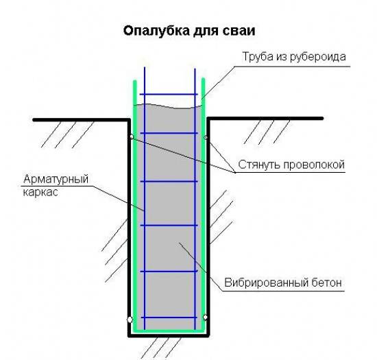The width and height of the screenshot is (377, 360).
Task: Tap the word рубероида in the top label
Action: (318, 57)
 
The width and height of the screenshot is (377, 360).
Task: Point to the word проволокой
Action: (314, 165)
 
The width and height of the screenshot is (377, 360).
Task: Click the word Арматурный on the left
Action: (56, 180)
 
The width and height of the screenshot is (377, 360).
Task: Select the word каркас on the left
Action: (40, 193)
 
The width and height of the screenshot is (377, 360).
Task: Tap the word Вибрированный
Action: (266, 283)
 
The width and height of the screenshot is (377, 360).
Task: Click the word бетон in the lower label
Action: (326, 283)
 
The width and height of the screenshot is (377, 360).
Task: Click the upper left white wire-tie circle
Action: (132, 137)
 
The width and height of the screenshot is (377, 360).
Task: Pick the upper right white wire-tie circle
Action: (206, 138)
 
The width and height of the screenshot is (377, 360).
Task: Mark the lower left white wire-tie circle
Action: (130, 320)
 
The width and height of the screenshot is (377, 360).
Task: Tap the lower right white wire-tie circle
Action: (205, 317)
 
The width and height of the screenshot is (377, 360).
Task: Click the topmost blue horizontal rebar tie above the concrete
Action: (169, 94)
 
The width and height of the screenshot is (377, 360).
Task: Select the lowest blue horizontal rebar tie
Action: (169, 317)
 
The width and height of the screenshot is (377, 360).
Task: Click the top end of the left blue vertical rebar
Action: (145, 67)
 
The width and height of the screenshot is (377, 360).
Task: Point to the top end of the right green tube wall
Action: (203, 79)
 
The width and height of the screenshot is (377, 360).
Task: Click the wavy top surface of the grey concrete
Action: (169, 106)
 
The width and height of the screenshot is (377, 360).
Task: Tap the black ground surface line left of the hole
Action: (82, 119)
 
